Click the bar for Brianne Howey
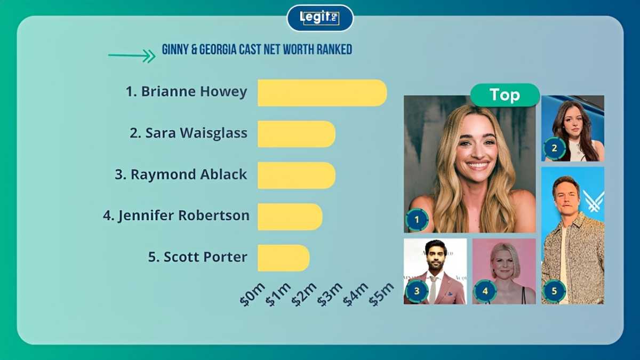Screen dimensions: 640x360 point(322,93)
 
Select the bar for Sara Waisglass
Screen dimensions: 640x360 point(297,134)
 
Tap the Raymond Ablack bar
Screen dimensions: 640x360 point(297,175)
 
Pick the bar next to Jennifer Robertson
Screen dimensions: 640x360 point(290,217)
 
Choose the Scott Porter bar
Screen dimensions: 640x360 point(283,258)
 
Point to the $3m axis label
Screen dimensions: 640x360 point(330,294)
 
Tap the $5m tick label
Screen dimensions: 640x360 point(381,294)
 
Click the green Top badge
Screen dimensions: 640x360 point(505,95)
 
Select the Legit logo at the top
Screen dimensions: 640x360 point(320,18)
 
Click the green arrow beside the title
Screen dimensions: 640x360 point(132,55)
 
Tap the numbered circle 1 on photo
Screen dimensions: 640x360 point(417,220)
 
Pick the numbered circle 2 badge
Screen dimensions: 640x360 point(555,148)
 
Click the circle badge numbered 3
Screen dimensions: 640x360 point(417,291)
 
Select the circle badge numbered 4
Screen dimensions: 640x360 point(485,291)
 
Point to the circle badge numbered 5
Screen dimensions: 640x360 point(554,291)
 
